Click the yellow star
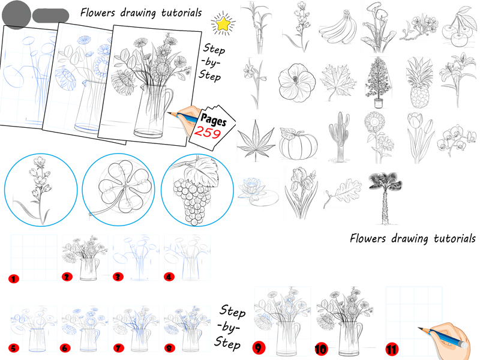pyautogui.click(x=223, y=24)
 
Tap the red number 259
pyautogui.click(x=208, y=133)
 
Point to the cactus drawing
pyautogui.click(x=339, y=137)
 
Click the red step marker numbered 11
pyautogui.click(x=392, y=349)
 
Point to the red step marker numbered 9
pyautogui.click(x=259, y=347)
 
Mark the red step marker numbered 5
pyautogui.click(x=13, y=348)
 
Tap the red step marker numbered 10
pyautogui.click(x=321, y=348)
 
